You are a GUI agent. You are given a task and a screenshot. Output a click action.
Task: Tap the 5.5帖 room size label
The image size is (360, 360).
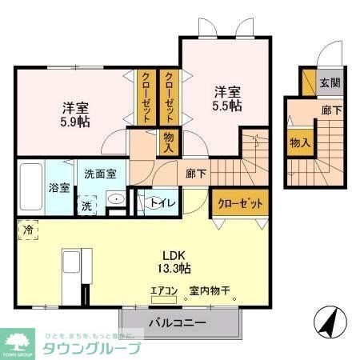[x=227, y=106]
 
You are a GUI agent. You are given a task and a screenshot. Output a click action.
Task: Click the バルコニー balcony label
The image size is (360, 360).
[x=178, y=324]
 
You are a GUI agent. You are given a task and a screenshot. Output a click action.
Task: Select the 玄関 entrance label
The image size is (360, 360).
[x=330, y=82]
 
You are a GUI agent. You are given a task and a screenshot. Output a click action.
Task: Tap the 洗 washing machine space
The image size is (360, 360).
[x=86, y=205]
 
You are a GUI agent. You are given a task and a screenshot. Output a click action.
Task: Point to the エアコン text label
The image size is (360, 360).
[x=163, y=292]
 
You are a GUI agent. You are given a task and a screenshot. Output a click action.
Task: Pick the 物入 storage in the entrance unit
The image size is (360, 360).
[x=300, y=142]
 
